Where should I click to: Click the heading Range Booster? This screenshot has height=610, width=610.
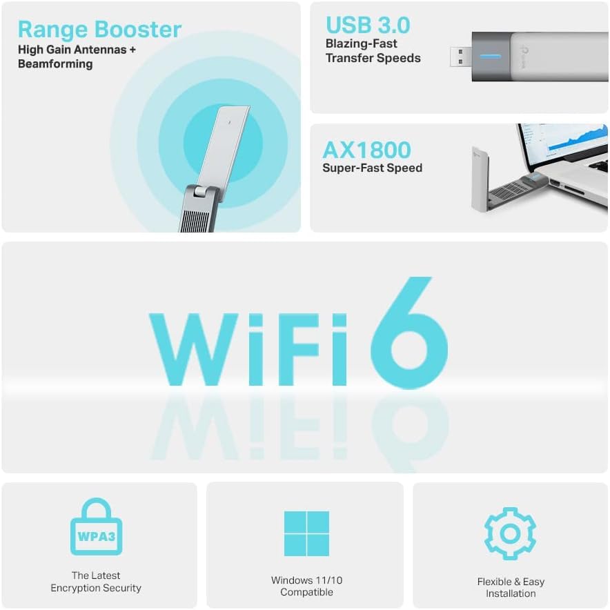click(x=99, y=30)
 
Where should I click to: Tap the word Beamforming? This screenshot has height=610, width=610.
click(x=56, y=63)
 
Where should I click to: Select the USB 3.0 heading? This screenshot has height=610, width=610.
click(x=368, y=25)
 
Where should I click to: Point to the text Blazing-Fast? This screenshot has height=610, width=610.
click(x=362, y=43)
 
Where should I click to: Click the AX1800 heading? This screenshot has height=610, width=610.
click(x=366, y=150)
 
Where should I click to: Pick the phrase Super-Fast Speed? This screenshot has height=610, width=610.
click(x=372, y=168)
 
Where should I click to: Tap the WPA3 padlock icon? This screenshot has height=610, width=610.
click(x=96, y=528)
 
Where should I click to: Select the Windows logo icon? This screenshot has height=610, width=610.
click(x=306, y=533)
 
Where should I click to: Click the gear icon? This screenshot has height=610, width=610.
click(x=510, y=533)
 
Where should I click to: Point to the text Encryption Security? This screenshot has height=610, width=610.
click(x=96, y=588)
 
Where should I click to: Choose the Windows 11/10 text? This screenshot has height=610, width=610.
click(x=306, y=580)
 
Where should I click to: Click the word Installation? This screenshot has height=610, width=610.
click(x=511, y=593)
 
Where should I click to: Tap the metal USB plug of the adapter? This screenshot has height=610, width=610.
click(x=460, y=57)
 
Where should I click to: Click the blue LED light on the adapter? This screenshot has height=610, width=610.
click(x=490, y=56)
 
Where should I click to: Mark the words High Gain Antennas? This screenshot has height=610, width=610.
click(x=66, y=50)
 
